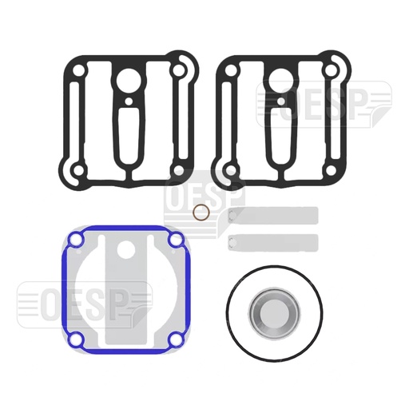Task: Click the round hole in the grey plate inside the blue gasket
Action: pos(125,252)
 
